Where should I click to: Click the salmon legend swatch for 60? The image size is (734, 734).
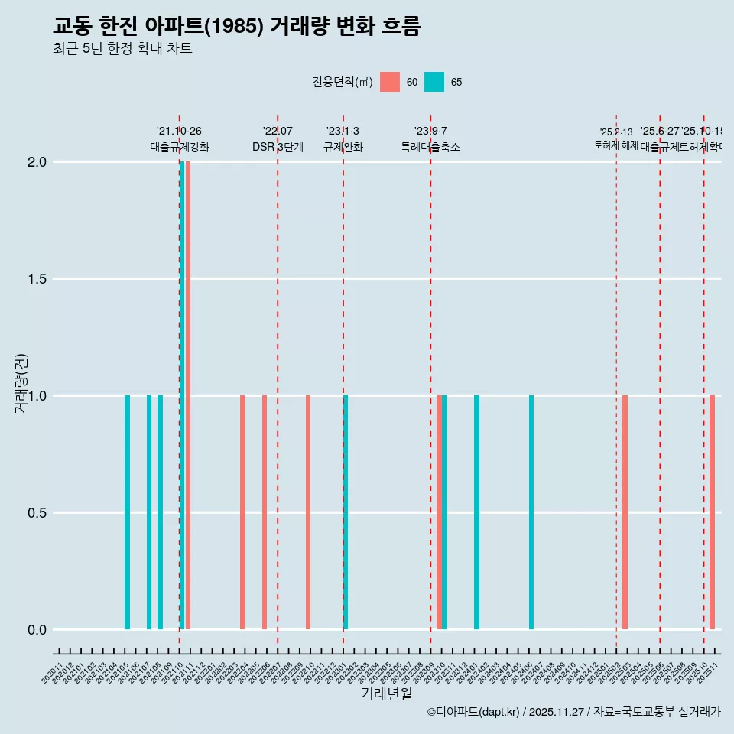click(390, 82)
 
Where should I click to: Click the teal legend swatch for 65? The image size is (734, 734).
click(434, 82)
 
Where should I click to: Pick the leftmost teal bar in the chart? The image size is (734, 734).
click(127, 512)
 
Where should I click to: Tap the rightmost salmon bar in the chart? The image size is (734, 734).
click(712, 512)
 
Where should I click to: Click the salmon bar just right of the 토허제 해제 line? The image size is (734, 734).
click(625, 512)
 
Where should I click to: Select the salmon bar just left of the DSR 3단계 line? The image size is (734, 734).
click(265, 512)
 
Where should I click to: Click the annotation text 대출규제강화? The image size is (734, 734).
click(180, 147)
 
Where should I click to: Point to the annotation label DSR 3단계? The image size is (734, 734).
click(278, 147)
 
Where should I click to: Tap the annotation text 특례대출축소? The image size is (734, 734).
click(430, 147)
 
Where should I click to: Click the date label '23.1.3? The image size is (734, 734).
click(343, 132)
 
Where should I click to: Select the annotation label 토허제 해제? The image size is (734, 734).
click(615, 145)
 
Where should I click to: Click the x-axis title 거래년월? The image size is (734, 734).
click(387, 694)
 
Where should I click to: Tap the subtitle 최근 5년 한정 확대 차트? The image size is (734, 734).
click(122, 49)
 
